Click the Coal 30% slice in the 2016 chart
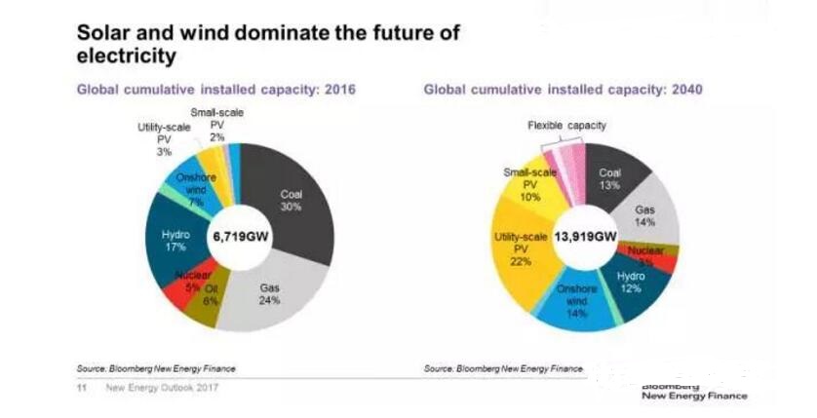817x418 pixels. (292, 200)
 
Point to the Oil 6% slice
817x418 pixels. (211, 296)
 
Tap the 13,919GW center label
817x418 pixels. (585, 236)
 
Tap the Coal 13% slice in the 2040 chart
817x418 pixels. (611, 176)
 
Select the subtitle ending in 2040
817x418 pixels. (564, 90)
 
